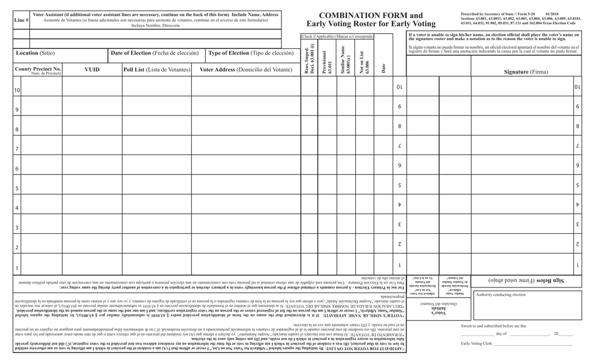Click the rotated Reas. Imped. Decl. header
click(x=308, y=61)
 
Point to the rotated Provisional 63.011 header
click(x=326, y=61)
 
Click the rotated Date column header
click(x=383, y=67)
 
